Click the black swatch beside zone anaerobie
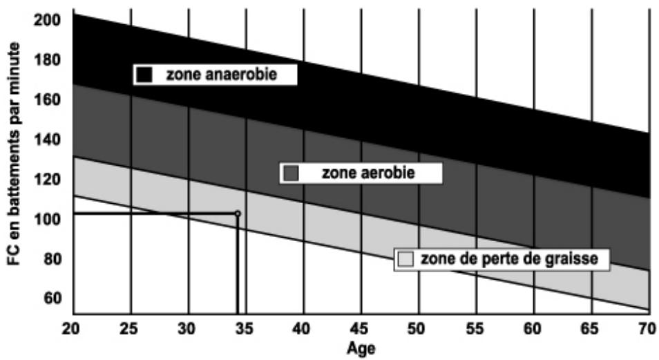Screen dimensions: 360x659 tap(144, 75)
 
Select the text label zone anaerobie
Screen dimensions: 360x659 tap(221, 75)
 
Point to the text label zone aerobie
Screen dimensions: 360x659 tap(368, 173)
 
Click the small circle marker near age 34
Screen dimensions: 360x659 tap(238, 214)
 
